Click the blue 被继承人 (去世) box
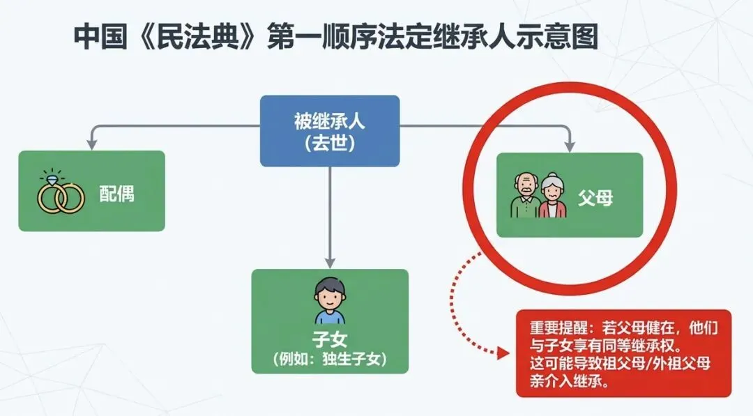click(329, 131)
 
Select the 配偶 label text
click(116, 194)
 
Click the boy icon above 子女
click(329, 301)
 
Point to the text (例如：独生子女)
click(329, 359)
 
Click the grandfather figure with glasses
click(524, 196)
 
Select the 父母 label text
click(594, 198)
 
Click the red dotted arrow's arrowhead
click(503, 353)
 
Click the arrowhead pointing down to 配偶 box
click(91, 145)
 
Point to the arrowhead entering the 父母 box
click(570, 146)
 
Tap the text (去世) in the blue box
click(329, 144)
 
